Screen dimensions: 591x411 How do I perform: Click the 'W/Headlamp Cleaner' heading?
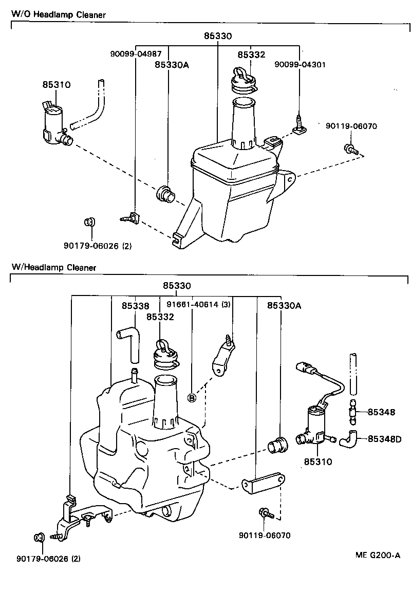point(53,268)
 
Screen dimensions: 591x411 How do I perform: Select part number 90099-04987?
point(136,53)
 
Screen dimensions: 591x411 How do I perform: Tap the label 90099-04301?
point(300,64)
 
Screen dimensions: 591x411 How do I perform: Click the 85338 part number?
point(136,306)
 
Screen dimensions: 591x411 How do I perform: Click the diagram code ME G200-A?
point(377,555)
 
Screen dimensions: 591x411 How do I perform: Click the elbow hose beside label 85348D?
point(350,438)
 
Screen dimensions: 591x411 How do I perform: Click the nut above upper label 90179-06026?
point(89,222)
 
